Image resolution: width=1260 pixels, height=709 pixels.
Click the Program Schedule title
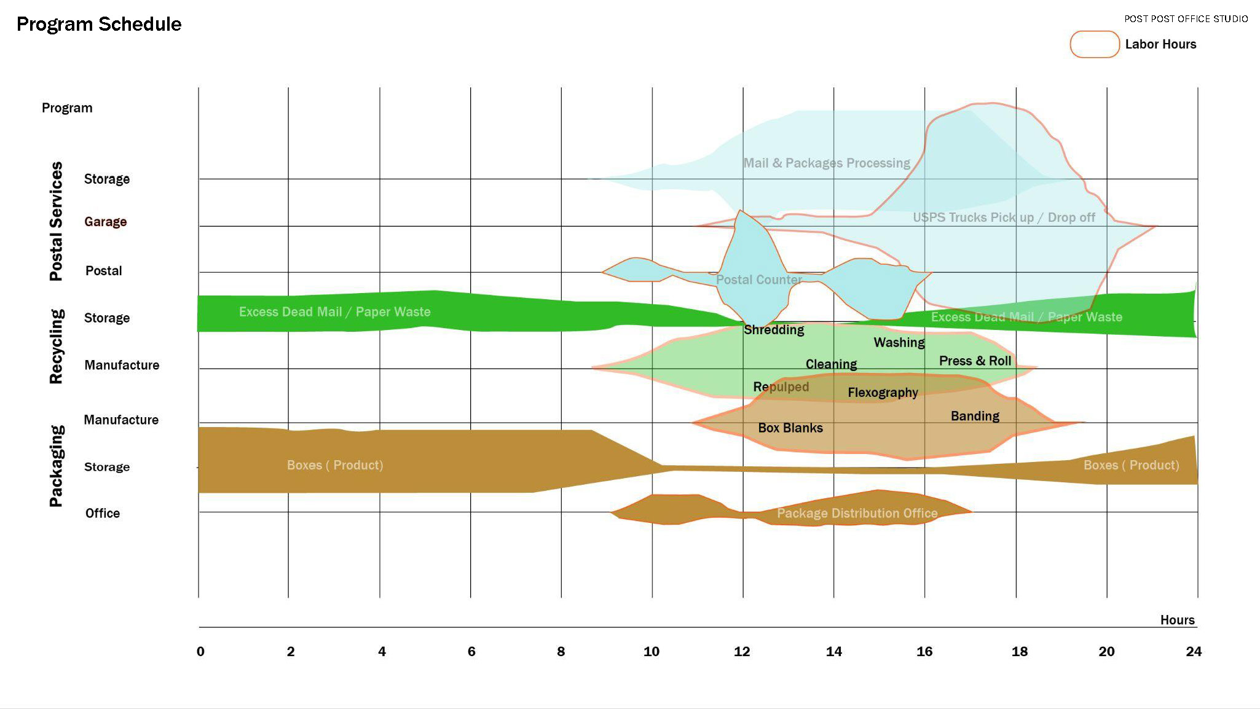tap(99, 24)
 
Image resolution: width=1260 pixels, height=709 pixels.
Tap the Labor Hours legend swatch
tap(1094, 44)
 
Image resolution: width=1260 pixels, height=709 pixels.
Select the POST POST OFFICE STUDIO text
tap(1186, 19)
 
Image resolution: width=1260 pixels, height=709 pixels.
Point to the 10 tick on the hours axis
tap(652, 651)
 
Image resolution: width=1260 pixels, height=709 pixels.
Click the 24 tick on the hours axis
tap(1193, 651)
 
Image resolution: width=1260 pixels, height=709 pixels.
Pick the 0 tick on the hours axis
tap(200, 651)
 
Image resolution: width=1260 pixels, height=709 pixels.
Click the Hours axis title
tap(1177, 620)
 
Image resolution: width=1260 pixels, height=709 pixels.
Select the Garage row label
tap(106, 222)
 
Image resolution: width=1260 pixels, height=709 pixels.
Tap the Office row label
tap(103, 513)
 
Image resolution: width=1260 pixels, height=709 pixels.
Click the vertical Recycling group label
tap(56, 347)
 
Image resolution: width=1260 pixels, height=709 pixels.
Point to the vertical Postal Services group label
tap(56, 221)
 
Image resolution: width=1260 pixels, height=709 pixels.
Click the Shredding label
tap(774, 330)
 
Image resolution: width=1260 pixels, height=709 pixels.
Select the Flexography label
tap(883, 393)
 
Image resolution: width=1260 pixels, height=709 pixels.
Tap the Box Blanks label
tap(790, 428)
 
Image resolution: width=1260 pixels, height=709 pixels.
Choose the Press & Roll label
tap(975, 361)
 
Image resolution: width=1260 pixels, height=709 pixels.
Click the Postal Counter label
tap(759, 280)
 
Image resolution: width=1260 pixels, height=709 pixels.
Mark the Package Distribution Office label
tap(857, 513)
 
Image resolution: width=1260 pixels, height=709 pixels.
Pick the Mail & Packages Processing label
tap(827, 163)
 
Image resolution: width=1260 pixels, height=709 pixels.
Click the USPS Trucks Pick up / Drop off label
tap(1004, 217)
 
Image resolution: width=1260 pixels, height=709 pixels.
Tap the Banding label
tap(975, 416)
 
